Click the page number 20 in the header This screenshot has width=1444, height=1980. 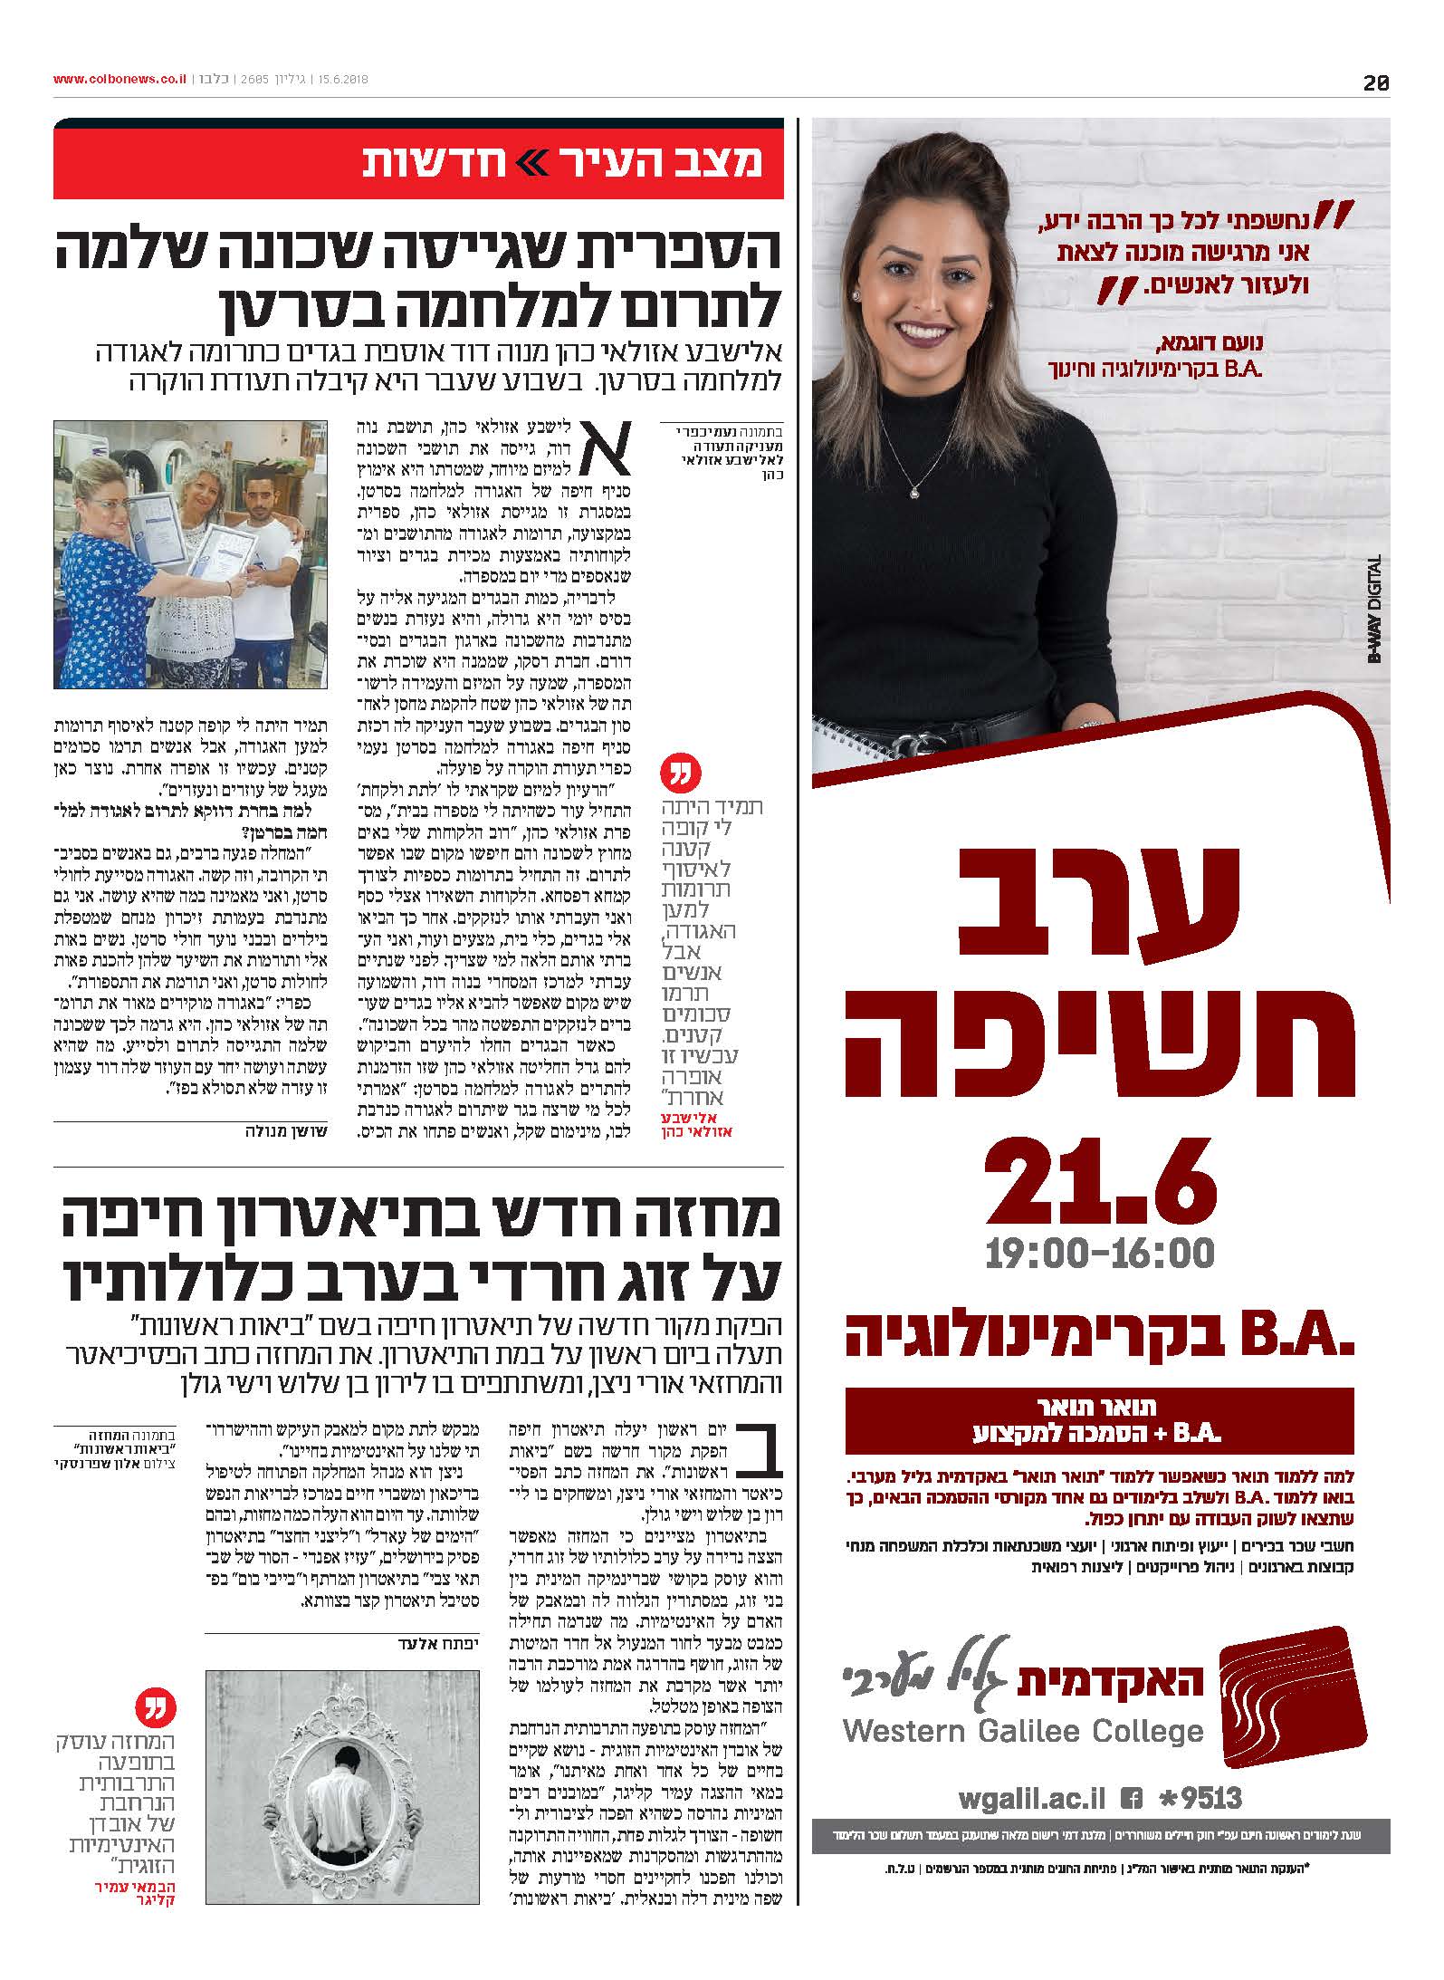1375,82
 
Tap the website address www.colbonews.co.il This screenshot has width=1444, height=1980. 120,80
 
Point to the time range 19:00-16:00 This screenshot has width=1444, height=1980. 1100,1254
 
